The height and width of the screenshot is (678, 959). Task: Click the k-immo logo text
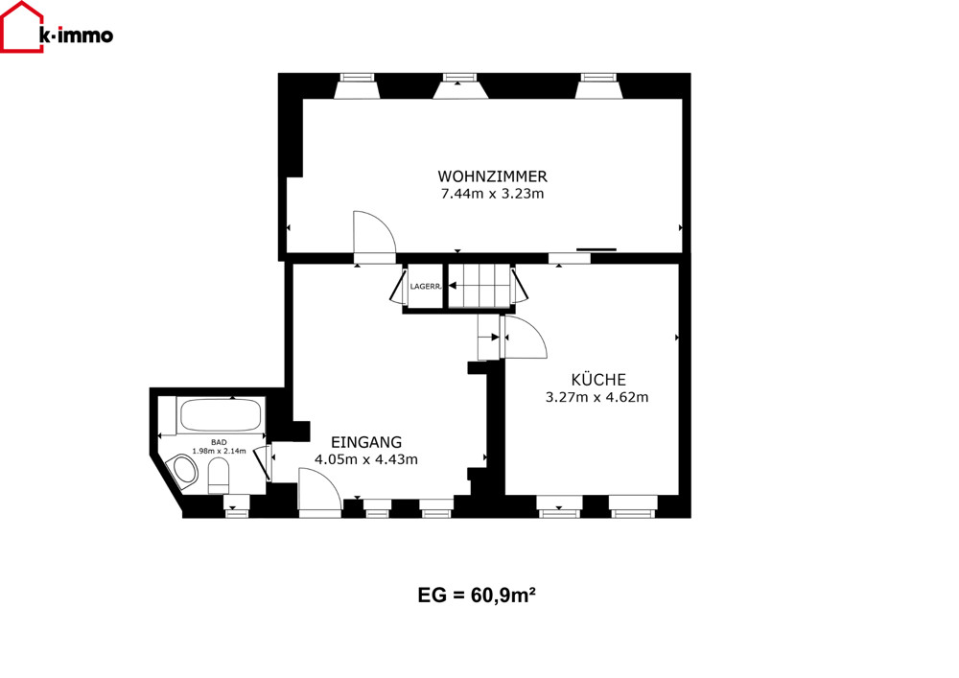click(x=76, y=35)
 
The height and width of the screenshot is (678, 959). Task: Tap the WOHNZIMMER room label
click(x=492, y=176)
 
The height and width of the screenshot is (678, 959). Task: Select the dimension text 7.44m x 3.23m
click(x=492, y=194)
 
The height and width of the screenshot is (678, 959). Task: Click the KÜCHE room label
click(x=598, y=379)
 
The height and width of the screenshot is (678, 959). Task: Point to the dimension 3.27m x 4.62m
click(x=596, y=397)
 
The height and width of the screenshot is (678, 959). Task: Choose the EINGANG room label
click(x=366, y=442)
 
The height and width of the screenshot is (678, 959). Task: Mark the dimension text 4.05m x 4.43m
click(x=366, y=459)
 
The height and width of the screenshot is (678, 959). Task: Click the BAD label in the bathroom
click(x=219, y=442)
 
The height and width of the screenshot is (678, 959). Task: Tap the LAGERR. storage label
click(x=426, y=286)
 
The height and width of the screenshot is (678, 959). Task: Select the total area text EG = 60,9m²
click(x=477, y=595)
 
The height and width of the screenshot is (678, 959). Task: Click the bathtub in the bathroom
click(x=221, y=416)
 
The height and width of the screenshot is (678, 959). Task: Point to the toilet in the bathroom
click(x=219, y=477)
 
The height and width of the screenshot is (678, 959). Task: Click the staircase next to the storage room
click(x=479, y=286)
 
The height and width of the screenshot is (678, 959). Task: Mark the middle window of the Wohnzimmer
click(x=460, y=86)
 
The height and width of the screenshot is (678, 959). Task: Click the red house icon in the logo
click(x=22, y=27)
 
